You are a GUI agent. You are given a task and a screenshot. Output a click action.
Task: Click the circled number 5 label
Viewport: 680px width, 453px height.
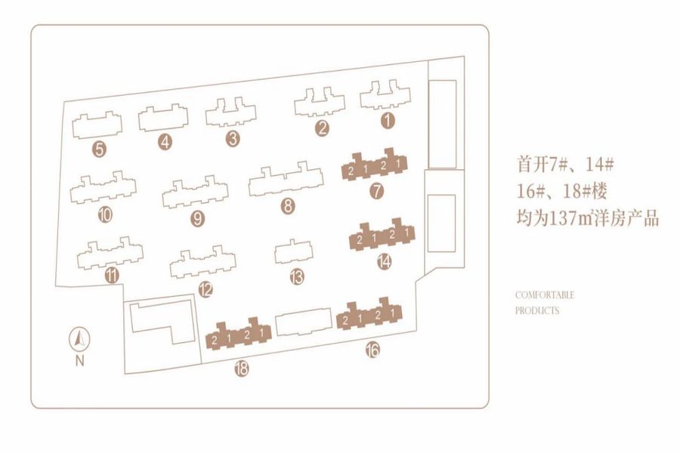click(x=99, y=149)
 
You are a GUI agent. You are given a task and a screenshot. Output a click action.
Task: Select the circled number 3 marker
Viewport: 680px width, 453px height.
click(x=233, y=138)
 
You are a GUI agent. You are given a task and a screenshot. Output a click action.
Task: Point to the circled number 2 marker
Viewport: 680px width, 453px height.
click(x=323, y=128)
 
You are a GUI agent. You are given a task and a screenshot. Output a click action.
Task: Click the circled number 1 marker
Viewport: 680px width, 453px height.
click(x=388, y=119)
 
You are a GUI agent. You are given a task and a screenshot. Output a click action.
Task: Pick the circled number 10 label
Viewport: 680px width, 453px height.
click(x=104, y=215)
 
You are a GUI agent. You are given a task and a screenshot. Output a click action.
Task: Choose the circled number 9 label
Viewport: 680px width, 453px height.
click(x=198, y=219)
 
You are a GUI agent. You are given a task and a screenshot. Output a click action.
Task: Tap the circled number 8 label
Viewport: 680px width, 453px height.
click(x=287, y=205)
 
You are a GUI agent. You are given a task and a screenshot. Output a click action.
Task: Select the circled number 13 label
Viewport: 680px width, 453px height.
click(x=296, y=277)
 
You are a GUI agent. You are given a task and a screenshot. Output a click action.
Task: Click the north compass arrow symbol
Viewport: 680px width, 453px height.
click(x=79, y=339)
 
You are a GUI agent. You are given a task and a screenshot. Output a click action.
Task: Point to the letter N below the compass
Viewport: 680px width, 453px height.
click(x=79, y=361)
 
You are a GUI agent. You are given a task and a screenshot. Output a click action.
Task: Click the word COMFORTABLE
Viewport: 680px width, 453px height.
click(x=545, y=295)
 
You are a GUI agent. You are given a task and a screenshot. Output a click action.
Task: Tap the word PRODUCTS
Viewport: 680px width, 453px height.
click(x=537, y=310)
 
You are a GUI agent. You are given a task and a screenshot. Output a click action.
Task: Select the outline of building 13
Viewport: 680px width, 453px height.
click(x=293, y=252)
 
